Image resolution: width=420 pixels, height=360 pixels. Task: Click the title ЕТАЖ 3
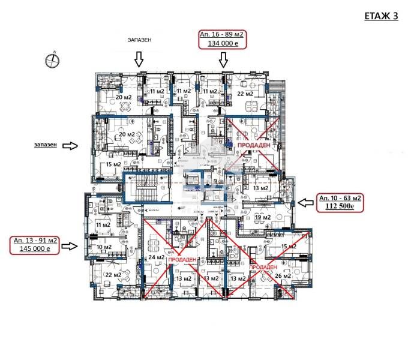tap(381, 16)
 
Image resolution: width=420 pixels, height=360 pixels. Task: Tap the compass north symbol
tap(50, 59)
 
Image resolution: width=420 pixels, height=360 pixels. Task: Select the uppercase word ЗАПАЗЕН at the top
tap(139, 40)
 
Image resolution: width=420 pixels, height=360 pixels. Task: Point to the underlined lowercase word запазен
tap(46, 145)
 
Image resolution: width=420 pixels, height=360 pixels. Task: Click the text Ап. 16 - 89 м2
tap(224, 35)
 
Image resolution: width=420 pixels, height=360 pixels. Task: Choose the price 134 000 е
tap(224, 43)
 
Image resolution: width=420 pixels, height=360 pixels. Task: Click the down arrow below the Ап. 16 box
tap(224, 59)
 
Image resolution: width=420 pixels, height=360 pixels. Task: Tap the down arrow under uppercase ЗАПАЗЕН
tap(139, 59)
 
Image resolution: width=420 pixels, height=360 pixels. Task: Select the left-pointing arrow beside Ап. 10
tap(307, 203)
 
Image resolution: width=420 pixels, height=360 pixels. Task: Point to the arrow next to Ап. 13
tap(72, 245)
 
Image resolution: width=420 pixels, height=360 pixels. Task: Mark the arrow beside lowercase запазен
tap(72, 145)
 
